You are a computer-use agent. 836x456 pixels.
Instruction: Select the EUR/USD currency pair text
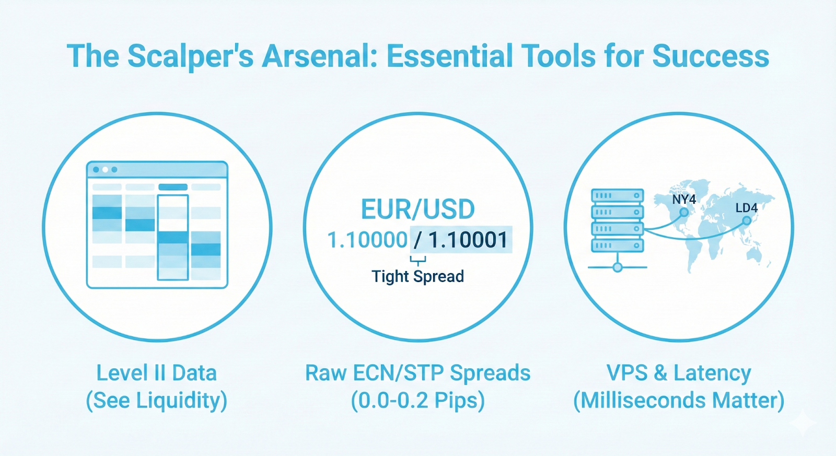click(x=417, y=209)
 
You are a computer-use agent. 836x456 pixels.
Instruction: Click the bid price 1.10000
click(x=367, y=240)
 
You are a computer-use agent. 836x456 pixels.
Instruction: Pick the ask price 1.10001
click(x=468, y=240)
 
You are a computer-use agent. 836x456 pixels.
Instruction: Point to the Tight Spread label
click(x=417, y=276)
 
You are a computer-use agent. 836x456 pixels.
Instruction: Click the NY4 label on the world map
click(x=683, y=200)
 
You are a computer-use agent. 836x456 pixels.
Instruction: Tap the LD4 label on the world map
click(x=746, y=208)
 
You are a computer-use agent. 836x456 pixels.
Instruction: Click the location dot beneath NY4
click(x=683, y=213)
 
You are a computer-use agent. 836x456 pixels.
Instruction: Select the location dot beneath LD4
click(x=747, y=221)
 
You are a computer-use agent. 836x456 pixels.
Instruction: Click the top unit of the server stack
click(x=617, y=196)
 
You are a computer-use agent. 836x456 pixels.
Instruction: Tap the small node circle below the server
click(x=618, y=267)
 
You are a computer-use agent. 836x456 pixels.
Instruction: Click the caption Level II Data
click(x=156, y=373)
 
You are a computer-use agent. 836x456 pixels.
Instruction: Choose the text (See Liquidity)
click(x=156, y=401)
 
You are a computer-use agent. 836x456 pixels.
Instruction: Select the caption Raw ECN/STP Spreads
click(x=417, y=373)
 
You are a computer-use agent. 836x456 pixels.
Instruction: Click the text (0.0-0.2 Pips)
click(x=417, y=401)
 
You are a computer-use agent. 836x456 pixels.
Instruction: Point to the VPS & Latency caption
click(x=679, y=373)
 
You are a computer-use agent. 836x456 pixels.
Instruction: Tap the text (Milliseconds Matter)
click(x=679, y=401)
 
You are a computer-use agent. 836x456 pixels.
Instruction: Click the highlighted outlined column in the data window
click(x=172, y=237)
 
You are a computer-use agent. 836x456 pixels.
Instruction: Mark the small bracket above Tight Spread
click(x=417, y=260)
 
